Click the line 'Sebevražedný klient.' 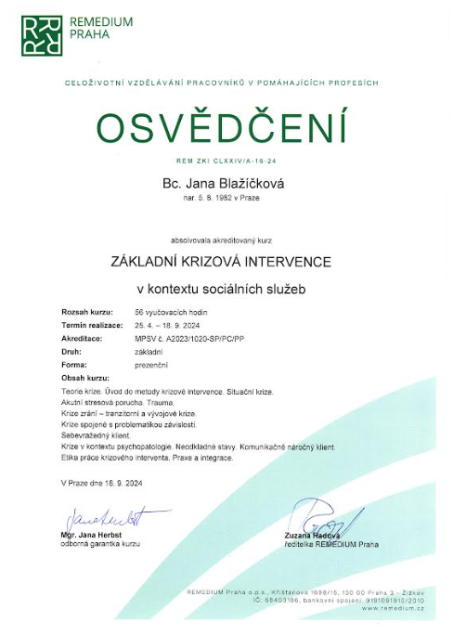pyautogui.click(x=93, y=434)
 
